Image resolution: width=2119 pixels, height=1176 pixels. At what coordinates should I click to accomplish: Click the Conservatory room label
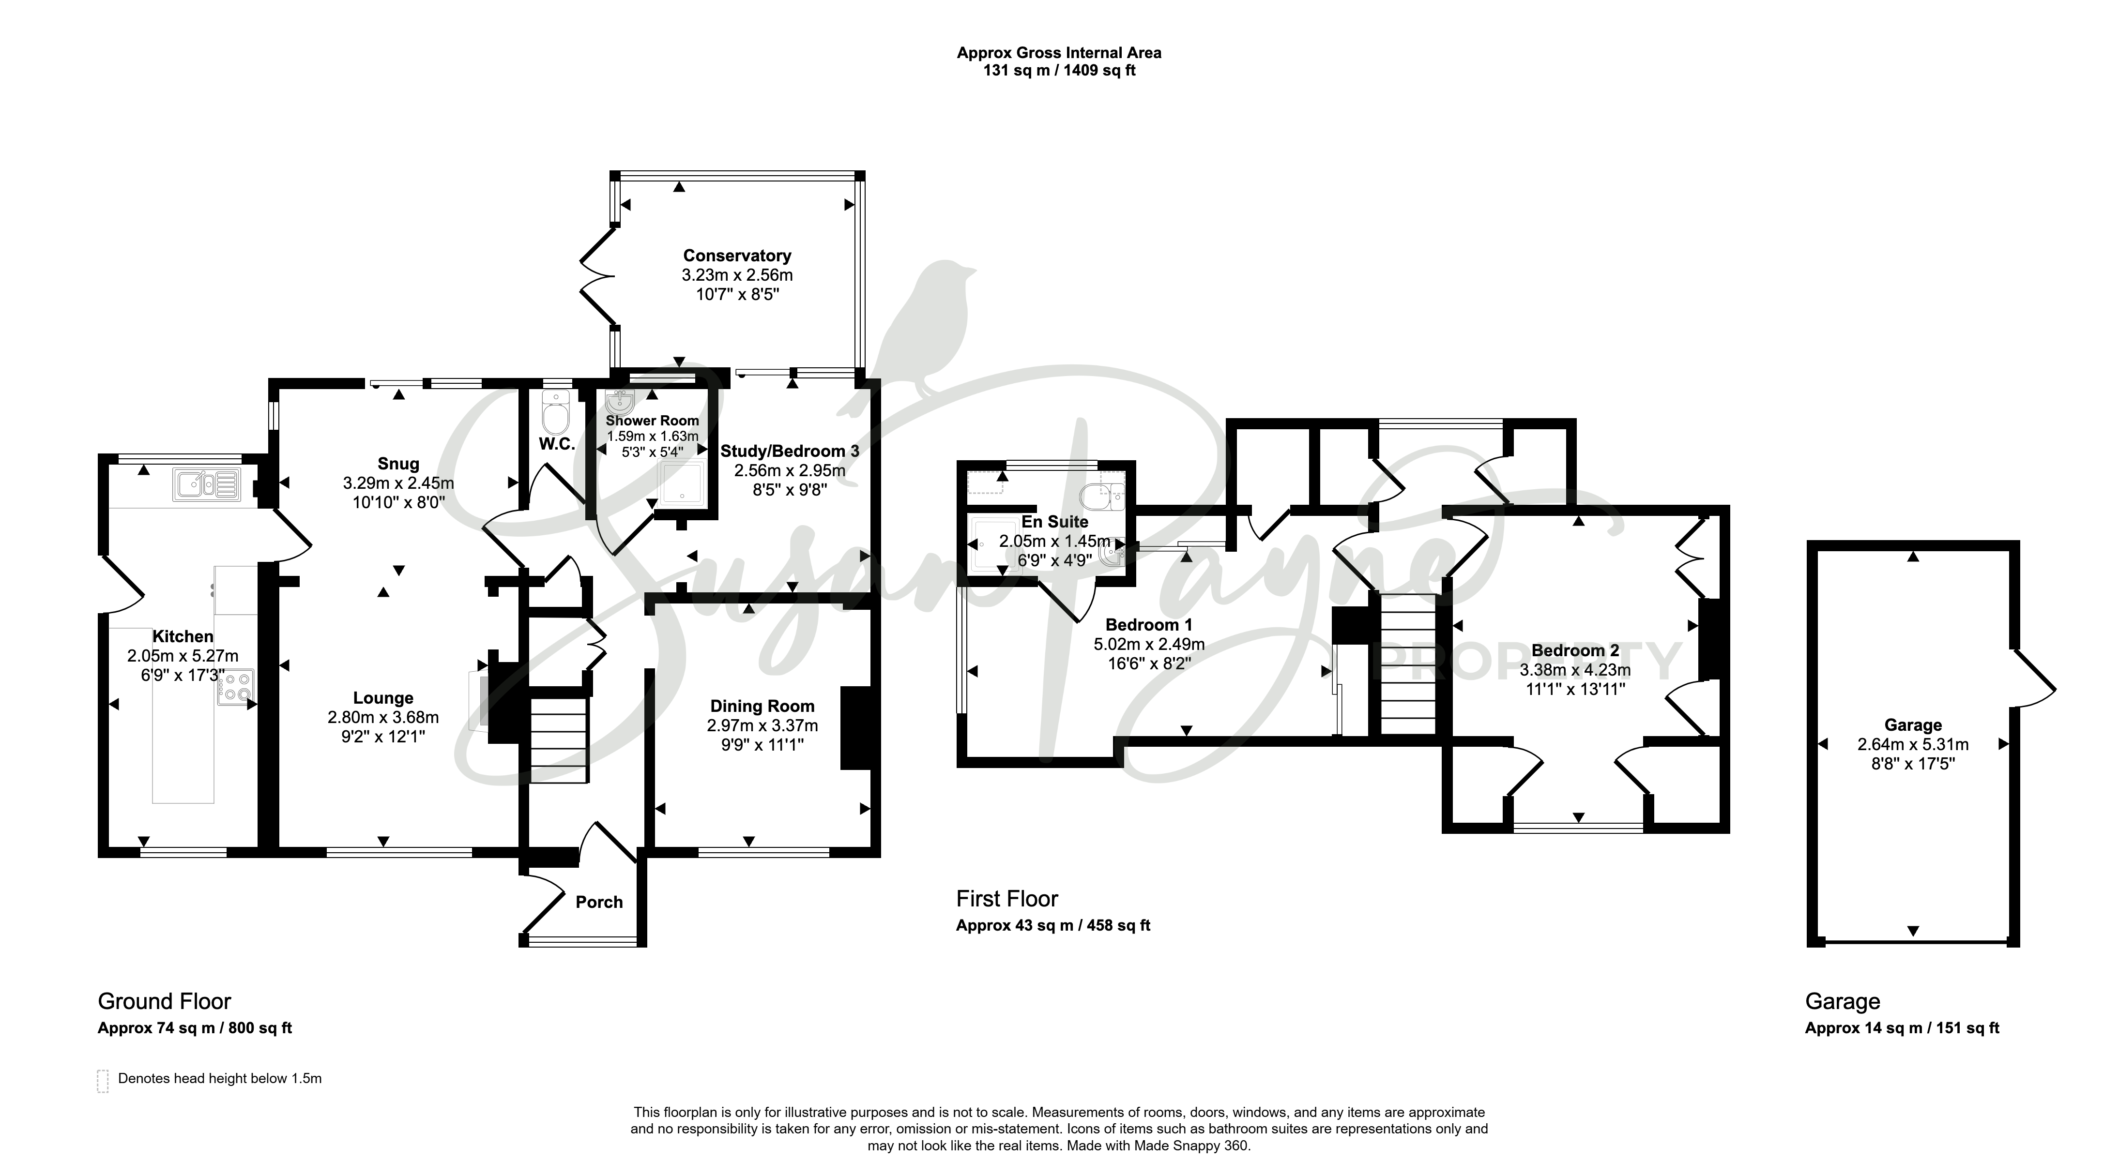[x=737, y=256]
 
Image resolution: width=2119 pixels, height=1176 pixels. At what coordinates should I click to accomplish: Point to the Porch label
[x=599, y=902]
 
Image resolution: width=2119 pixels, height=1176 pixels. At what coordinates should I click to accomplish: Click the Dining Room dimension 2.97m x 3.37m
[x=762, y=725]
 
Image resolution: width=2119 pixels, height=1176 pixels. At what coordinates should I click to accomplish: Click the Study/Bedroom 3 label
[x=790, y=451]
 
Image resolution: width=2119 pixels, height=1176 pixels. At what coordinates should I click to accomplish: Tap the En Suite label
[x=1054, y=521]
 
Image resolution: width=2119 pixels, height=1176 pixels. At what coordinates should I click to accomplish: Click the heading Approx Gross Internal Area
[x=1059, y=53]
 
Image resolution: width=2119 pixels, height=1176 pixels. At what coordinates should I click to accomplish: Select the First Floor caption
[x=1007, y=898]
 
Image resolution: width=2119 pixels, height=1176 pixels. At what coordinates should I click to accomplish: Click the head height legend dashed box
[x=103, y=1081]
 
